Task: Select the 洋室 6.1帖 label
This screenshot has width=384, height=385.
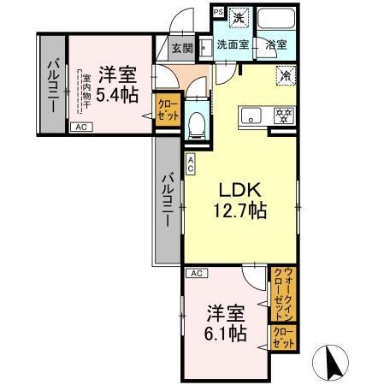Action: tap(227, 321)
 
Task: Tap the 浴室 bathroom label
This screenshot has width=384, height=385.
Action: tap(275, 44)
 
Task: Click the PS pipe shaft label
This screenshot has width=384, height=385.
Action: tap(218, 12)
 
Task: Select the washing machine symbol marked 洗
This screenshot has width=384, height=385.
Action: tap(242, 16)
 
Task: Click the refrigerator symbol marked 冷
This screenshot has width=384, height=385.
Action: tap(286, 75)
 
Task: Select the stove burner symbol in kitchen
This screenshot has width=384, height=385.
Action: tap(281, 115)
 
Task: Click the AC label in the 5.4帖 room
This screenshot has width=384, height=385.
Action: tap(80, 127)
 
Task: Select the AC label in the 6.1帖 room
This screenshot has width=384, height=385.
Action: tap(196, 273)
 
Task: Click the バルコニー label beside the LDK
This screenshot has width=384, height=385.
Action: tap(168, 200)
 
